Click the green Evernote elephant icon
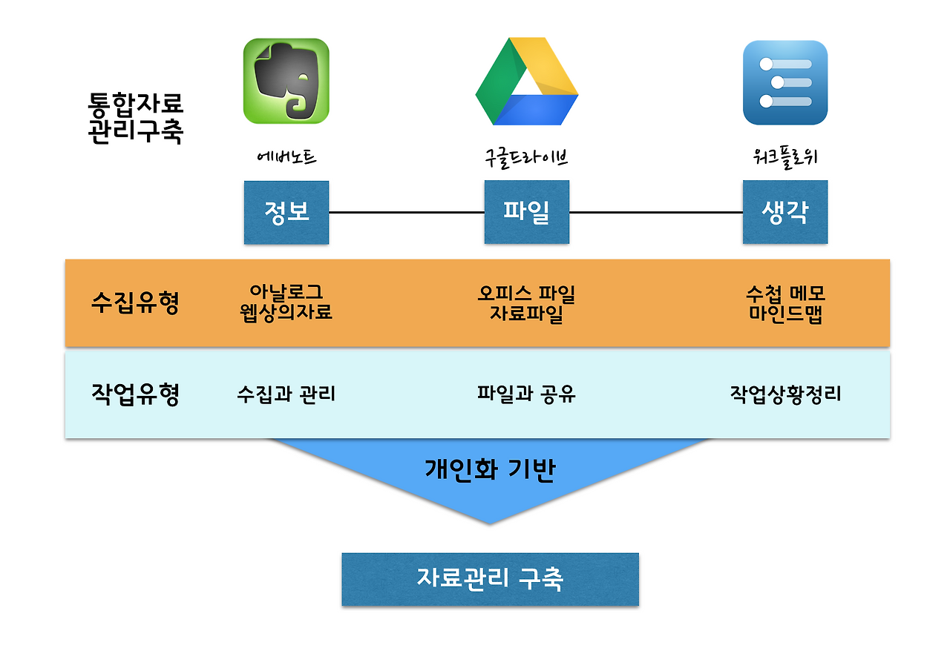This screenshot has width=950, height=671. (x=286, y=81)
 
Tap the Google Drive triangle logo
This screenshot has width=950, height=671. (x=526, y=83)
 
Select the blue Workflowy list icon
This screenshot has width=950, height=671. (x=784, y=82)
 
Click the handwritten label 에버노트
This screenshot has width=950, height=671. (x=286, y=157)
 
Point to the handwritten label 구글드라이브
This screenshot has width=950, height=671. (x=526, y=157)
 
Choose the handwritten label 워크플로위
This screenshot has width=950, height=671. (x=784, y=157)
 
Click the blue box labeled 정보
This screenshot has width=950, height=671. (x=286, y=212)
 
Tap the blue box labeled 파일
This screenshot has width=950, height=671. (x=526, y=212)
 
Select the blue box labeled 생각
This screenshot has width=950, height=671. (x=784, y=212)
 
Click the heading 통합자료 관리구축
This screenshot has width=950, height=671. (x=135, y=117)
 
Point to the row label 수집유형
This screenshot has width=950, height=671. (x=135, y=303)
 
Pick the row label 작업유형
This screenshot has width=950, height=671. (x=135, y=394)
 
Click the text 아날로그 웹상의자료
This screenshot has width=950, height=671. (x=286, y=303)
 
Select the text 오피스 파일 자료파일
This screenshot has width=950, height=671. (x=526, y=303)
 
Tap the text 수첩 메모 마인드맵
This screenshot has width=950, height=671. (x=785, y=303)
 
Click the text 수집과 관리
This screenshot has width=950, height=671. (x=286, y=394)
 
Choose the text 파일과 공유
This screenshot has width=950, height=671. (x=526, y=394)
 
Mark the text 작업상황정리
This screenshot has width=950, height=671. (x=785, y=394)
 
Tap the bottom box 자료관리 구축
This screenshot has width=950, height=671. (x=490, y=578)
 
